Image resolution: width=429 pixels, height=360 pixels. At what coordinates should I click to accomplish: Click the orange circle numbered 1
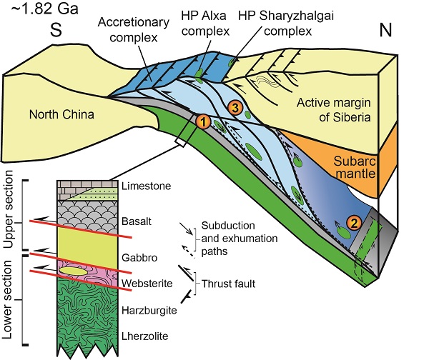[204, 122]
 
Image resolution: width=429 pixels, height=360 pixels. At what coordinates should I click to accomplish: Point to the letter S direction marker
[52, 32]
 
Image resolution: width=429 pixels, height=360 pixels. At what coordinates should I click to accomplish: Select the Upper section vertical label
[9, 215]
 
